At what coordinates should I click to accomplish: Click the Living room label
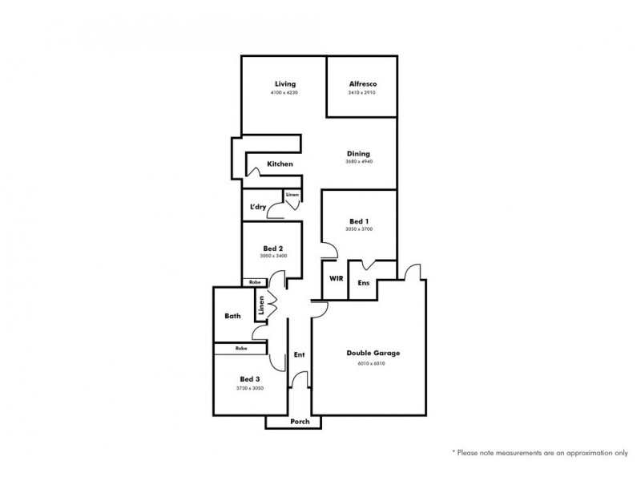pos(284,84)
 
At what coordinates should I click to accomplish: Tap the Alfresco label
pos(362,84)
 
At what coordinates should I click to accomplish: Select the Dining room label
pos(358,153)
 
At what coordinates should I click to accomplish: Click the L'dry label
pos(257,208)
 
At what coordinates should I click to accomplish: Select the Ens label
pos(363,282)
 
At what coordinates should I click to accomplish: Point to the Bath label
pos(232,317)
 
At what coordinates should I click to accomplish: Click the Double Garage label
pos(373,353)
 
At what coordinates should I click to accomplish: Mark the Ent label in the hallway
pos(299,354)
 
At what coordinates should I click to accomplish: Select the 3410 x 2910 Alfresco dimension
pos(362,93)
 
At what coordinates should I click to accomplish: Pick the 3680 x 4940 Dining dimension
pos(358,162)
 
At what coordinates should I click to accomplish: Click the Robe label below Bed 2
pos(255,282)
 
